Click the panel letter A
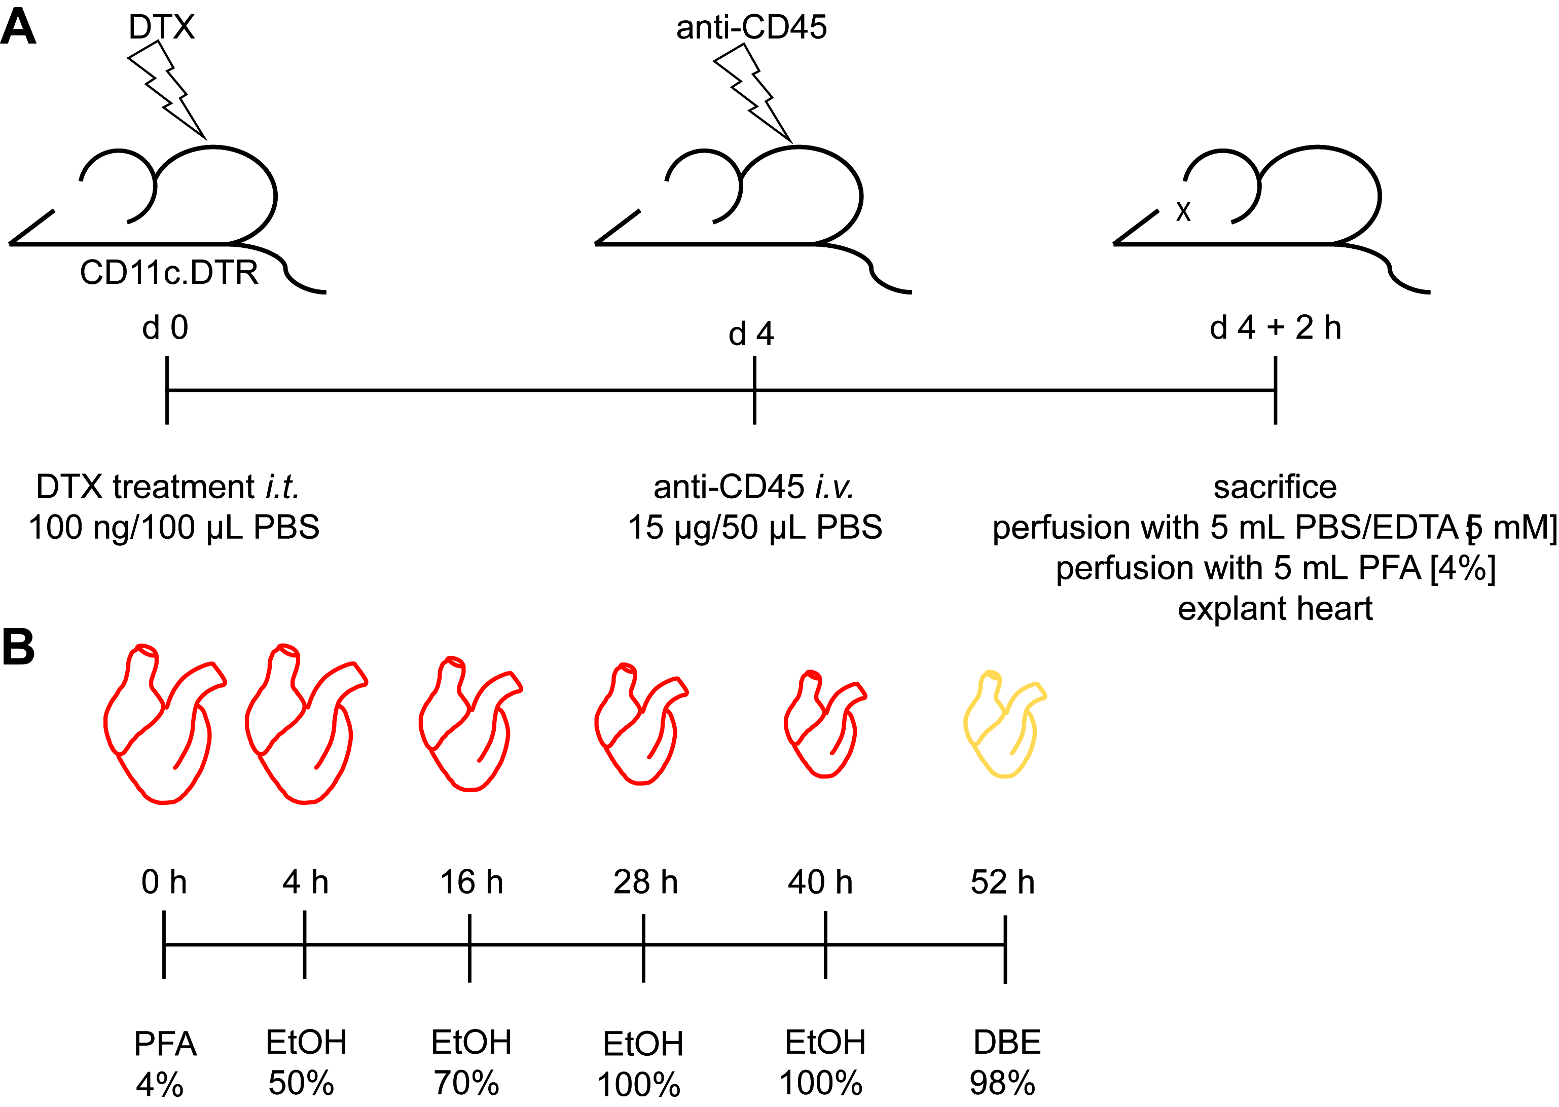pos(18,28)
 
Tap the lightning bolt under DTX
pos(166,89)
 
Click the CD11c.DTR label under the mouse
pos(169,273)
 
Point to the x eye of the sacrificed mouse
pos(1183,211)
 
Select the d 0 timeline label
pos(165,328)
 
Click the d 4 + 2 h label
pos(1275,328)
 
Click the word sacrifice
pos(1275,487)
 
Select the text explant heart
pos(1275,608)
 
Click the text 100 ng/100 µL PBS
pos(174,527)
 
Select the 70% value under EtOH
pos(467,1083)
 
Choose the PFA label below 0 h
pos(165,1044)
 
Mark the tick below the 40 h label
pos(825,945)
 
